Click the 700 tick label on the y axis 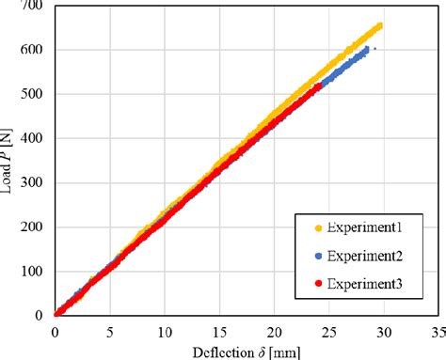pyautogui.click(x=34, y=8)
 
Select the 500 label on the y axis pyautogui.click(x=34, y=95)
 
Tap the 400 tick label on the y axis pyautogui.click(x=34, y=139)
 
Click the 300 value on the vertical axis pyautogui.click(x=34, y=183)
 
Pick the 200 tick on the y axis pyautogui.click(x=34, y=227)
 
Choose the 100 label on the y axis pyautogui.click(x=34, y=271)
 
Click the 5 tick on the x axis pyautogui.click(x=110, y=332)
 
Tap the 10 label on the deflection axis pyautogui.click(x=165, y=332)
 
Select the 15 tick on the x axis pyautogui.click(x=219, y=332)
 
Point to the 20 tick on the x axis pyautogui.click(x=274, y=332)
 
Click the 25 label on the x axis pyautogui.click(x=328, y=332)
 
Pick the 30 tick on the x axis pyautogui.click(x=383, y=332)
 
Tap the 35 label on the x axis pyautogui.click(x=436, y=332)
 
